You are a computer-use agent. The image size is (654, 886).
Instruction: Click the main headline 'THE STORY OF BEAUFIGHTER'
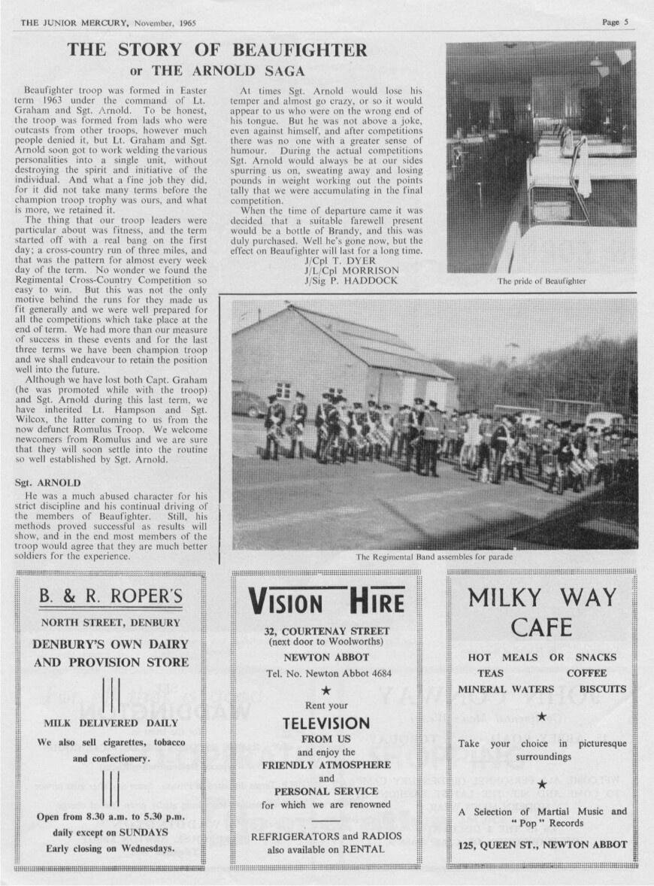click(x=218, y=51)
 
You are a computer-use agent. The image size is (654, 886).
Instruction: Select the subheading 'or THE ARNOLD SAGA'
click(x=217, y=71)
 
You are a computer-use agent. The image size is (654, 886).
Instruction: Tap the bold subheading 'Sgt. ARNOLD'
click(x=47, y=482)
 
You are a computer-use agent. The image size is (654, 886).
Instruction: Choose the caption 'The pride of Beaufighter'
click(x=540, y=281)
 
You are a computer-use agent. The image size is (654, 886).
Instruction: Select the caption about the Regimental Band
click(x=434, y=557)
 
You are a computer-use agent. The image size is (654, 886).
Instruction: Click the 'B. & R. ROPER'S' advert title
click(x=111, y=596)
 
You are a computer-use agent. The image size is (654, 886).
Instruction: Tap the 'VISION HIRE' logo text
click(x=326, y=602)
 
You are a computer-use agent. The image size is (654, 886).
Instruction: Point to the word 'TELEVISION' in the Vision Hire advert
click(x=326, y=724)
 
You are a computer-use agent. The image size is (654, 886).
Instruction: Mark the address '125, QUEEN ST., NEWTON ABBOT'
click(x=542, y=845)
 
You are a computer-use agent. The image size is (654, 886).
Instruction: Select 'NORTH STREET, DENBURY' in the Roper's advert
click(x=111, y=623)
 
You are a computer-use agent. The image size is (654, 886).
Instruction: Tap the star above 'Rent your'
click(x=326, y=690)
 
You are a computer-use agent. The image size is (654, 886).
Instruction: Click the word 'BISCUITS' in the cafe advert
click(x=602, y=688)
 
